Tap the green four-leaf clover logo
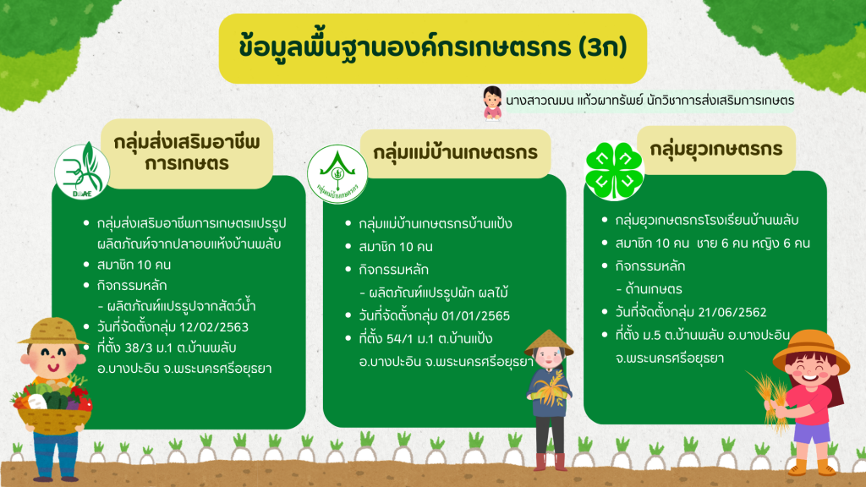click(x=614, y=171)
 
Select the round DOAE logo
click(x=82, y=171)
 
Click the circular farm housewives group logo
click(x=337, y=174)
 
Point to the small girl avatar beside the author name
click(x=491, y=102)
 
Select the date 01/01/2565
click(x=475, y=316)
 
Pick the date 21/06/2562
click(x=732, y=312)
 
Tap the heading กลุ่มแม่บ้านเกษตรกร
click(x=455, y=152)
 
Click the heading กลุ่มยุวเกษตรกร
click(x=715, y=149)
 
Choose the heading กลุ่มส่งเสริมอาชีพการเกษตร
click(x=187, y=153)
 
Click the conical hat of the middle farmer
click(x=548, y=342)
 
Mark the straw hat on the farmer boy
click(x=52, y=331)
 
